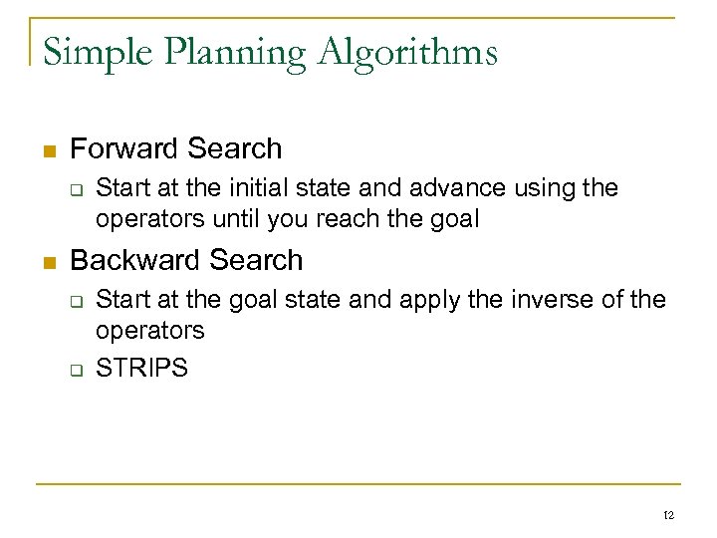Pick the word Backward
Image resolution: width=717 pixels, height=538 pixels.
click(131, 260)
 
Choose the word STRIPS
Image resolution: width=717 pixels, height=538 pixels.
click(141, 368)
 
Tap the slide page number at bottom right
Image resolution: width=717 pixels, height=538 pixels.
click(667, 515)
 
